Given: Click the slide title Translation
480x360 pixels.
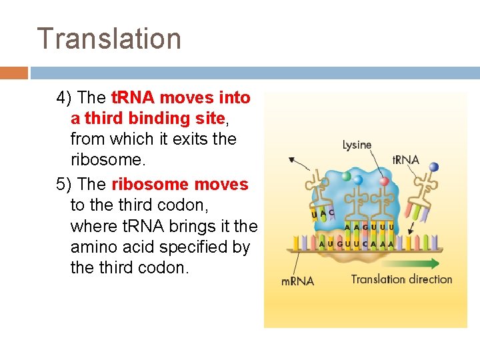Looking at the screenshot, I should (x=109, y=39).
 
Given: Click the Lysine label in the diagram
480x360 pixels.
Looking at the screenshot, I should (x=357, y=145).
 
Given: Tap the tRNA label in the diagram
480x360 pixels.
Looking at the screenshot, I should (x=405, y=160).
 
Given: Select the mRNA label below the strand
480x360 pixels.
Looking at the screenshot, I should (x=298, y=281).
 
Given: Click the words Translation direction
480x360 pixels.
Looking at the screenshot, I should (x=401, y=279).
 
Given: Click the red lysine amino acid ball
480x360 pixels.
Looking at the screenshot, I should (x=383, y=181).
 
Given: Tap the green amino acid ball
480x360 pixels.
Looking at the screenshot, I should (x=345, y=176).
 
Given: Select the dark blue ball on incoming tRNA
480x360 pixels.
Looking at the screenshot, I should (x=434, y=167).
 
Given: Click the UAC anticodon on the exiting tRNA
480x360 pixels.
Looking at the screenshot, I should (x=323, y=213).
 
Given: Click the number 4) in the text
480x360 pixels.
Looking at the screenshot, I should (x=65, y=98).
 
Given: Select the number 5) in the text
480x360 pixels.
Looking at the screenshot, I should (x=65, y=185).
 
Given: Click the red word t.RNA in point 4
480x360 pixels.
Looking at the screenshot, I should (x=132, y=98).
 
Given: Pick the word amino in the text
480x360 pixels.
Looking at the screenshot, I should (x=93, y=247).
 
